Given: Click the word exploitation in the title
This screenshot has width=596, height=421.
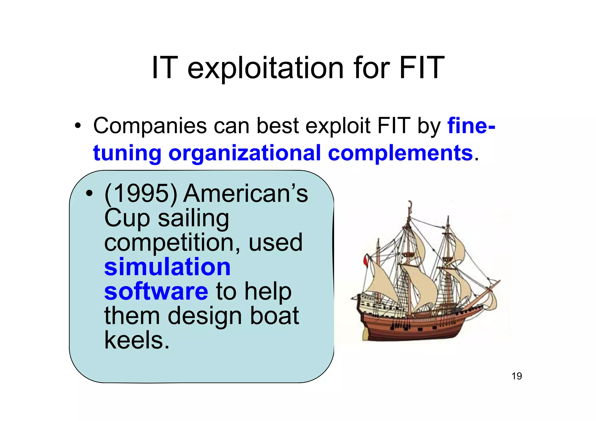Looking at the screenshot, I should (265, 69).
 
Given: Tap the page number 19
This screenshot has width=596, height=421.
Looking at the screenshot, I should (517, 376).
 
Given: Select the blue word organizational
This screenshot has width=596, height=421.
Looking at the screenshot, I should (244, 153).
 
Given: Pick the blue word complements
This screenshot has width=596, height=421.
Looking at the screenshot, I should (400, 153).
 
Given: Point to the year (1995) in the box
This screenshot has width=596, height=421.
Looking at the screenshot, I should (141, 194).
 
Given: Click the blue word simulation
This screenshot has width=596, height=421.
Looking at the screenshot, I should (167, 267).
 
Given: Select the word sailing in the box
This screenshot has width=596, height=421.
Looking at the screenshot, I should (194, 219).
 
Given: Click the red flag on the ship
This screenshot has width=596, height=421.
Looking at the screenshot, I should (366, 260).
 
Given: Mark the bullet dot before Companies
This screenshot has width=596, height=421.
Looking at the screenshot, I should (77, 126).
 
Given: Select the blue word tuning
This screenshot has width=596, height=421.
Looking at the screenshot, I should (127, 153).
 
